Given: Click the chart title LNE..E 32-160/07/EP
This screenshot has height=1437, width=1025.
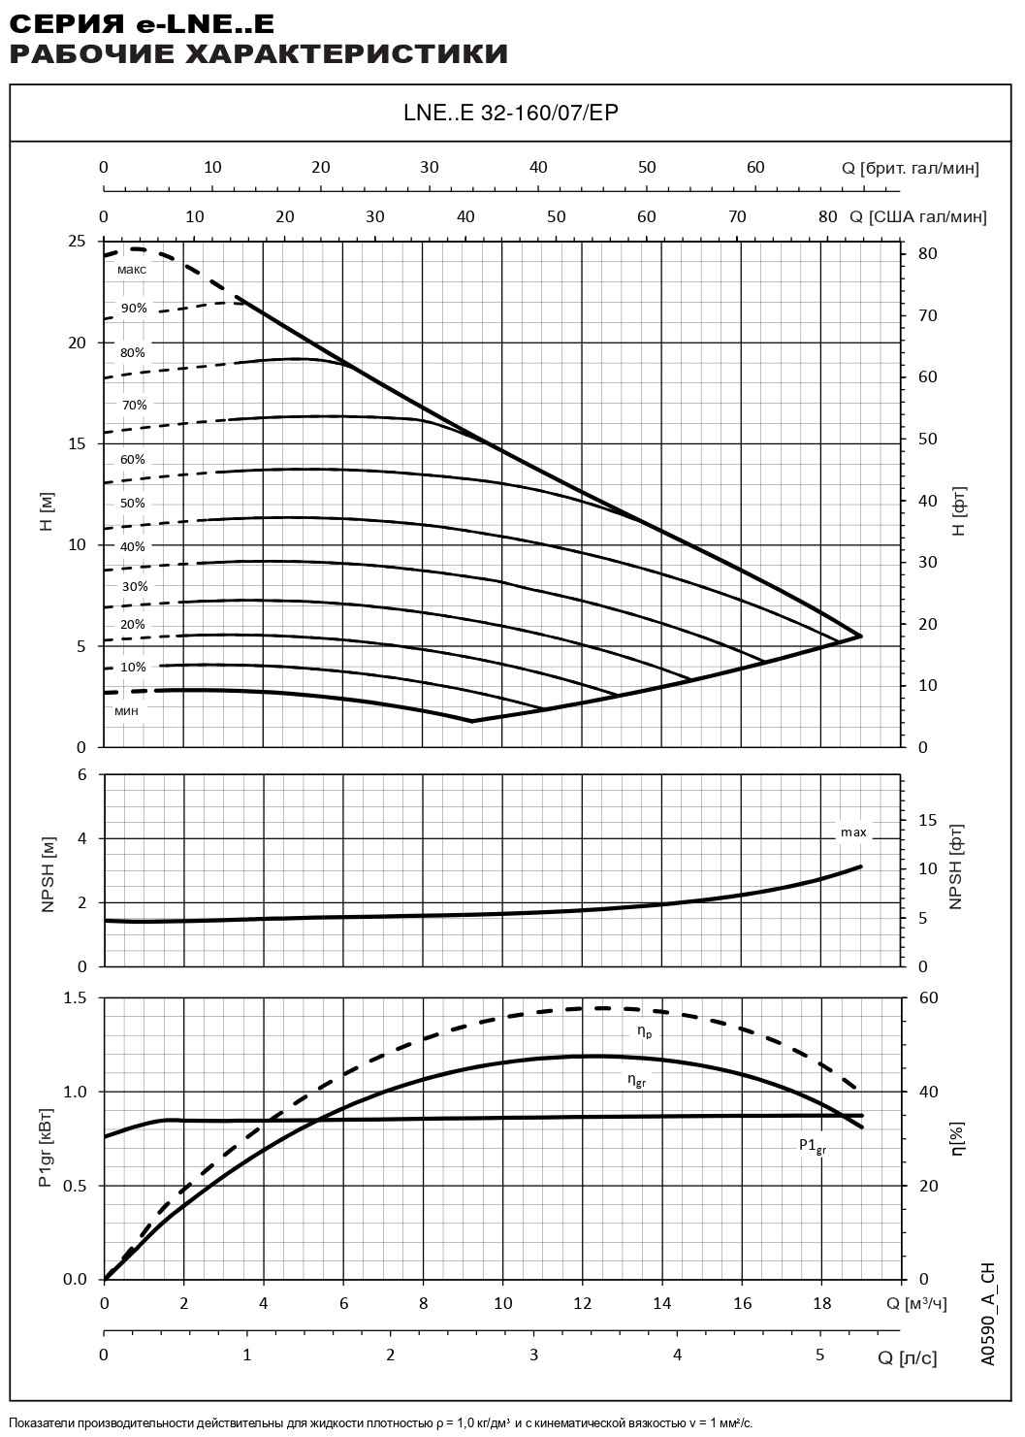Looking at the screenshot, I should click(511, 113).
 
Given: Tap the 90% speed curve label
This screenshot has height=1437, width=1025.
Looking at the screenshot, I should click(134, 309).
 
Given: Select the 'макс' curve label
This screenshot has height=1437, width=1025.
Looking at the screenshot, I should click(132, 269).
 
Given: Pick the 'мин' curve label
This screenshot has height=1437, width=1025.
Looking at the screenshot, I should click(127, 711).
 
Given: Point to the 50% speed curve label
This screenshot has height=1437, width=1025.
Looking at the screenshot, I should click(133, 504).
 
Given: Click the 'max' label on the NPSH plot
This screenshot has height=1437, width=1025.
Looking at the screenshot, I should click(853, 833).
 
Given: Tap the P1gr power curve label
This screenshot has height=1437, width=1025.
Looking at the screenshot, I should click(813, 1145).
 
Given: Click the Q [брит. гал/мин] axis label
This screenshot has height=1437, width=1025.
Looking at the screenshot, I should click(911, 168).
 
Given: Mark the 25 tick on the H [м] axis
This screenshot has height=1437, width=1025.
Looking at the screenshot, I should click(77, 241).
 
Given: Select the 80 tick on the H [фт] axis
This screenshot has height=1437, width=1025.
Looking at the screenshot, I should click(929, 253).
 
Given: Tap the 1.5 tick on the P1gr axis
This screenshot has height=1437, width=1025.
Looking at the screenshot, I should click(75, 997).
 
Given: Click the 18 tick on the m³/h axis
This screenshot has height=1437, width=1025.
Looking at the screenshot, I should click(821, 1303).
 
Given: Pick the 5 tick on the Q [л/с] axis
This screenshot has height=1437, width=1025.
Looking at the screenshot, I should click(819, 1355).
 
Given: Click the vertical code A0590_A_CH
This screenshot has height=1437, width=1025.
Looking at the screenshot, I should click(987, 1315).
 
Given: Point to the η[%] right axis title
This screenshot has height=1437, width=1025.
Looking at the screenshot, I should click(957, 1137).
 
